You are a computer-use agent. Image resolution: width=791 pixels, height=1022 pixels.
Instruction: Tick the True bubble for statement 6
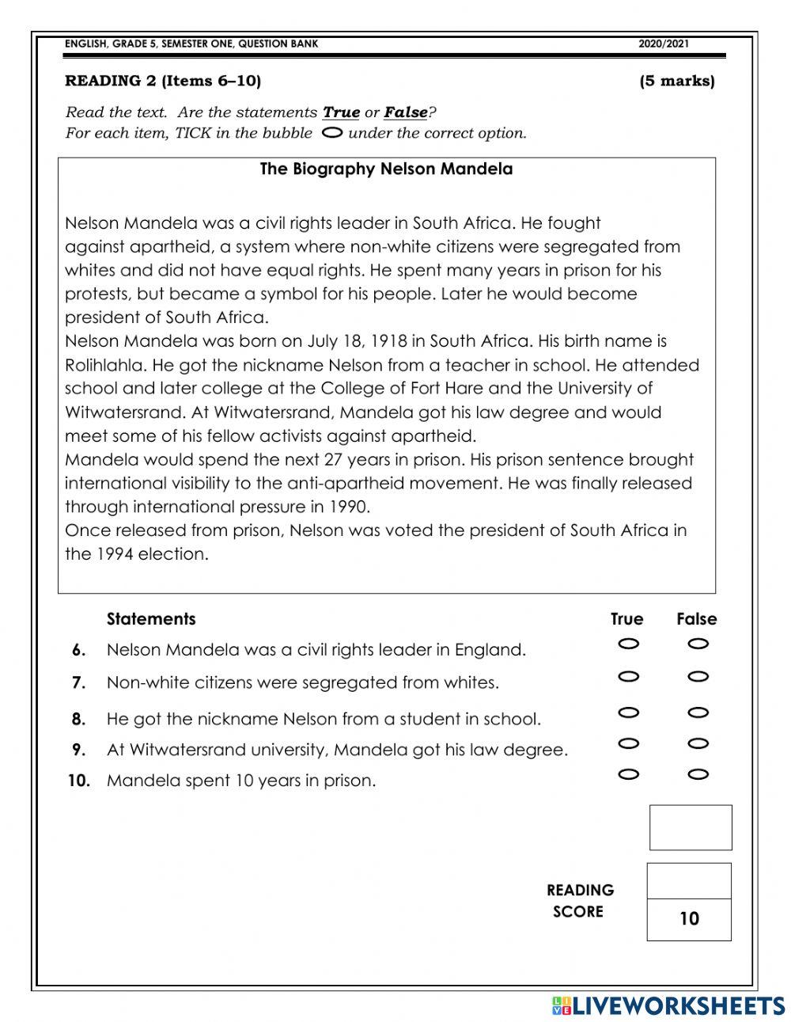(x=629, y=644)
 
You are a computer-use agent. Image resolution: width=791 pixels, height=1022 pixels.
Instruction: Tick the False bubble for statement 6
(x=698, y=644)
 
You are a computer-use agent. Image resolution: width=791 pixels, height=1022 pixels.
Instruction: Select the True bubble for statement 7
(x=629, y=676)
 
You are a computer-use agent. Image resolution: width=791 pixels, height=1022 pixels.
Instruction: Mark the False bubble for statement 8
(x=698, y=712)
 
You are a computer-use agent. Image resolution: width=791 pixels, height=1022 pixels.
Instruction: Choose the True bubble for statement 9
(x=629, y=743)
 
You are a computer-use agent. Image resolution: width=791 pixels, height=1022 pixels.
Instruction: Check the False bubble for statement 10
(x=698, y=774)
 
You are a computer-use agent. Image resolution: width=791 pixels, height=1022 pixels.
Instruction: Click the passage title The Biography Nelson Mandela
(x=386, y=169)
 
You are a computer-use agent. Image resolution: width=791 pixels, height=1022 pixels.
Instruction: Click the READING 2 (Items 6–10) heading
(x=163, y=81)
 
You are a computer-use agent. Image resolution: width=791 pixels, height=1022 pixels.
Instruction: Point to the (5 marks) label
(x=676, y=81)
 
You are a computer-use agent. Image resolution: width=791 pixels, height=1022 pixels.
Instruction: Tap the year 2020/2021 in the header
(x=664, y=44)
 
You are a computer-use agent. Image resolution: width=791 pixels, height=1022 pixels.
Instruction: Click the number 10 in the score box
(x=689, y=918)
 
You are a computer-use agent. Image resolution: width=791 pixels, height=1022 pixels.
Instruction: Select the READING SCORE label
(x=579, y=901)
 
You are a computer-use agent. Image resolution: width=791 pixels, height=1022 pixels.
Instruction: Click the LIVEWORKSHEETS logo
(x=668, y=1005)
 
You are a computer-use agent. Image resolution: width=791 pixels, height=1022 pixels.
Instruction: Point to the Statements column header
(x=151, y=619)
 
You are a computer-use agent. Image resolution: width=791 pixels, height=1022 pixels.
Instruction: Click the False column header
(x=696, y=619)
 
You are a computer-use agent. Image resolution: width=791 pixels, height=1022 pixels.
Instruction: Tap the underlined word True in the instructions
(x=341, y=112)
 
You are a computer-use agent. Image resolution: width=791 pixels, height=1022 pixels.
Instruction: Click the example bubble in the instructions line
(x=333, y=133)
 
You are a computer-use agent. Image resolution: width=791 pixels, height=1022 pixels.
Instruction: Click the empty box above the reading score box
(x=690, y=827)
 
